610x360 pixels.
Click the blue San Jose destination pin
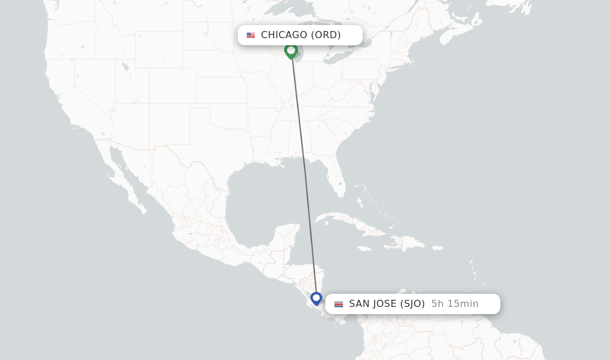click(316, 297)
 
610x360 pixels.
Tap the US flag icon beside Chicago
click(251, 35)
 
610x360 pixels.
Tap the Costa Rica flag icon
click(338, 304)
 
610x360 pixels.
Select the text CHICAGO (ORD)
click(301, 35)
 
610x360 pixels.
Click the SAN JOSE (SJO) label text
click(387, 304)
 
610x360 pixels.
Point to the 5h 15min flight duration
click(455, 304)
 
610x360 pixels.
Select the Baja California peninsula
click(122, 179)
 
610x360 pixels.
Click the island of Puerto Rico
click(438, 247)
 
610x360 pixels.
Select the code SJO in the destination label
click(412, 304)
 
